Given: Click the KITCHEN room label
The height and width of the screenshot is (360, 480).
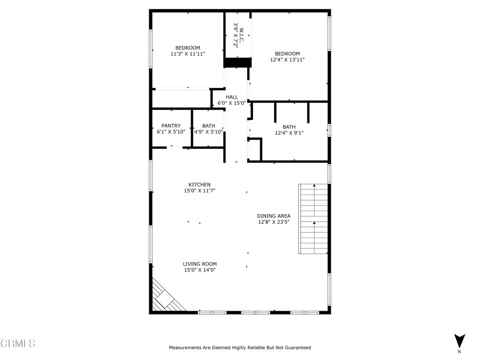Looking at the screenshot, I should coord(199,185).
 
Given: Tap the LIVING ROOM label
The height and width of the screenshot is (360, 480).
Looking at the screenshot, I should coord(200,264).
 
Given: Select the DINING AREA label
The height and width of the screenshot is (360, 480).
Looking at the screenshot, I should coord(274,216).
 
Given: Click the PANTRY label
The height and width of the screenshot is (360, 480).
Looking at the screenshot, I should coord(171,126).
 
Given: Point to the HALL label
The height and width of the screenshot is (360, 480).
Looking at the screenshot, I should coord(232,97).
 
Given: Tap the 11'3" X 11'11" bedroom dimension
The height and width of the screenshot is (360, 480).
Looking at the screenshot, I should coord(187,54).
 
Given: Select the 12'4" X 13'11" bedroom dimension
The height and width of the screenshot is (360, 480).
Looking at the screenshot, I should coord(287,60).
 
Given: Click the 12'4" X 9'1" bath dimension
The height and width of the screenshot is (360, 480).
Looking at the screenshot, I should coord(289,133).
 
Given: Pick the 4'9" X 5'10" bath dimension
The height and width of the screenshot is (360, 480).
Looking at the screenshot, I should coord(209,132).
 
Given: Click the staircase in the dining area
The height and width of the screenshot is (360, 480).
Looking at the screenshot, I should coord(313,219).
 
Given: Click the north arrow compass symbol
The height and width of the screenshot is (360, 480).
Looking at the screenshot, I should coord(459,341).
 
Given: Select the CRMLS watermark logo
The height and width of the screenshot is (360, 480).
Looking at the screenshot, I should coord(18,344).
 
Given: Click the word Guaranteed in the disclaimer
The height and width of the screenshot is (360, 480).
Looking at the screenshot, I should coord(296,348).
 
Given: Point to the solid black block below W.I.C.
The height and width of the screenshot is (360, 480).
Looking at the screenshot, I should coord(237,62).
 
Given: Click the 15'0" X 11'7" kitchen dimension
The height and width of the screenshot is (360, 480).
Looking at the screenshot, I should coord(199,191).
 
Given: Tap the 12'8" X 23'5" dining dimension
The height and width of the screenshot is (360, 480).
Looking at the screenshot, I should coord(274,222).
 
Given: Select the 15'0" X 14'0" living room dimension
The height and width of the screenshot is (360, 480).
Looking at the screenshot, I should coord(200,270).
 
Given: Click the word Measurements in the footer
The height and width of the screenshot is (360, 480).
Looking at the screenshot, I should coord(185,348).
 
